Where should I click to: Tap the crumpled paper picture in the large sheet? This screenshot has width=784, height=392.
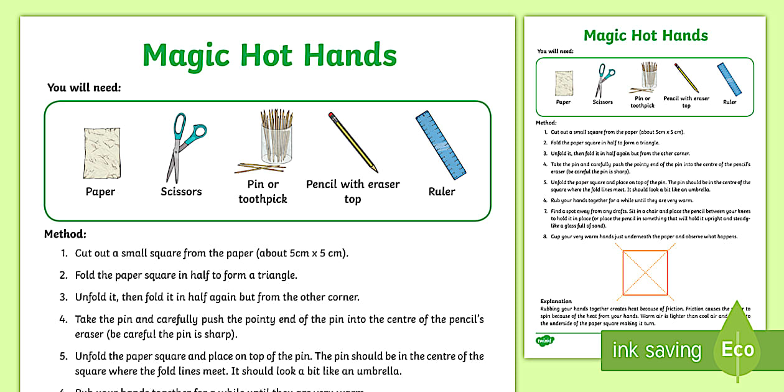100,152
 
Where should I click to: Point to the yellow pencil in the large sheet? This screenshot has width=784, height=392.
353,142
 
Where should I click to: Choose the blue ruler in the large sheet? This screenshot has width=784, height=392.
441,146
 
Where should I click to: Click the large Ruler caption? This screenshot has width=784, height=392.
442,192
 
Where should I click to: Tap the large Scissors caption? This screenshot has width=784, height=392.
181,192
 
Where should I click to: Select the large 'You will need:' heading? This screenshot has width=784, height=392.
84,88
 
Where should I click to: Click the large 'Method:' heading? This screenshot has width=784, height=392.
65,235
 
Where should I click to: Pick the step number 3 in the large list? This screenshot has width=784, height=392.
63,297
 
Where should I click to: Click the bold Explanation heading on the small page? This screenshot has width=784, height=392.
556,301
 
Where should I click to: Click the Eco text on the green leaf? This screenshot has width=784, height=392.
737,349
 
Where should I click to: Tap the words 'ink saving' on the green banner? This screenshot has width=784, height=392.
656,350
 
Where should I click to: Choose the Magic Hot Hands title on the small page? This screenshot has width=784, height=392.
645,35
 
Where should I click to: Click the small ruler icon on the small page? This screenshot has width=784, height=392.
729,79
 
